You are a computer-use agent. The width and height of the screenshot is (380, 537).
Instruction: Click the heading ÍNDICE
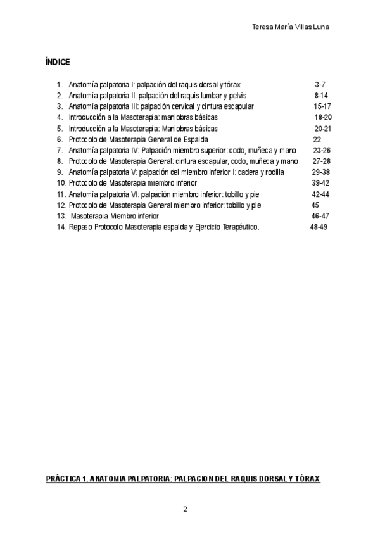pyautogui.click(x=58, y=62)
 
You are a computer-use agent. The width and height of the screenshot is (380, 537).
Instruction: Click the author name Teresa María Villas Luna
pyautogui.click(x=291, y=27)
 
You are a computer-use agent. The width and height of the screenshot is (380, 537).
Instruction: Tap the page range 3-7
pyautogui.click(x=320, y=84)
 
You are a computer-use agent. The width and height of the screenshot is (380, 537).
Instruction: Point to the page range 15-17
pyautogui.click(x=322, y=106)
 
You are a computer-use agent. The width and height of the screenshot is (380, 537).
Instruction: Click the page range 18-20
pyautogui.click(x=323, y=117)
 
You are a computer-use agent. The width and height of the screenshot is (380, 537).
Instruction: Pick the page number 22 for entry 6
pyautogui.click(x=317, y=139)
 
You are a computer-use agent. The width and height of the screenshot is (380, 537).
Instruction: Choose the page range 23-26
pyautogui.click(x=322, y=150)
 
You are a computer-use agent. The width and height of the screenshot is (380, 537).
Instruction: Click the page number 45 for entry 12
pyautogui.click(x=315, y=205)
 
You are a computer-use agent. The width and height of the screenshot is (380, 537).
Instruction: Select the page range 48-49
pyautogui.click(x=319, y=227)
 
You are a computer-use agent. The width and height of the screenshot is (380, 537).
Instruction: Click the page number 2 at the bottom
pyautogui.click(x=185, y=509)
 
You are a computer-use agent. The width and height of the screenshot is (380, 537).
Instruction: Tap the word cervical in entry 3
pyautogui.click(x=181, y=106)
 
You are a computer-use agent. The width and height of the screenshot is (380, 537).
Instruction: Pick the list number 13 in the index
pyautogui.click(x=61, y=216)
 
